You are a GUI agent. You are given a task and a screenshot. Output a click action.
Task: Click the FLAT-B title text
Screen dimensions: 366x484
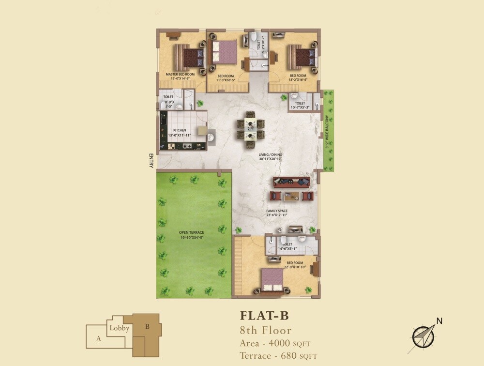click(264, 316)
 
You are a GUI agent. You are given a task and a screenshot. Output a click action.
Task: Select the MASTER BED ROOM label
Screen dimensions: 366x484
click(180, 75)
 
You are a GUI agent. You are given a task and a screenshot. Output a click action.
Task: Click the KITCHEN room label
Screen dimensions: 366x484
click(180, 130)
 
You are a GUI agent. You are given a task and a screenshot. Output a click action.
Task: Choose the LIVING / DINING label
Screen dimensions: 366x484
click(270, 155)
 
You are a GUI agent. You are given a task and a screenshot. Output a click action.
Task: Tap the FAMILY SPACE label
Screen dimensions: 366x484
click(277, 212)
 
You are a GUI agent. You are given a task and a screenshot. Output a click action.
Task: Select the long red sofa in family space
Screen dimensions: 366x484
click(291, 182)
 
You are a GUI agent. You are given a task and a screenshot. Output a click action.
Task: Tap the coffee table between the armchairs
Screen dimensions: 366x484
click(291, 196)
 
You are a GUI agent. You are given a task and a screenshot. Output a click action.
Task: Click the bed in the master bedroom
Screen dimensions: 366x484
click(188, 57)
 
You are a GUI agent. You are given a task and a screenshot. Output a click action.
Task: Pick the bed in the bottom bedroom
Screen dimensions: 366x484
click(272, 280)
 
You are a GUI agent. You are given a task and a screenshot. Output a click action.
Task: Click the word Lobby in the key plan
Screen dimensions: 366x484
click(119, 328)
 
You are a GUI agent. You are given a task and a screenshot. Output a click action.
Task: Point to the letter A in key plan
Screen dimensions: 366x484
click(98, 339)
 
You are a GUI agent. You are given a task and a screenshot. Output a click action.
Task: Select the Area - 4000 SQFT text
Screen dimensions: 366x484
click(275, 343)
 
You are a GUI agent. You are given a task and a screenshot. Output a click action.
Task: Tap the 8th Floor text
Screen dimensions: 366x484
click(266, 331)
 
